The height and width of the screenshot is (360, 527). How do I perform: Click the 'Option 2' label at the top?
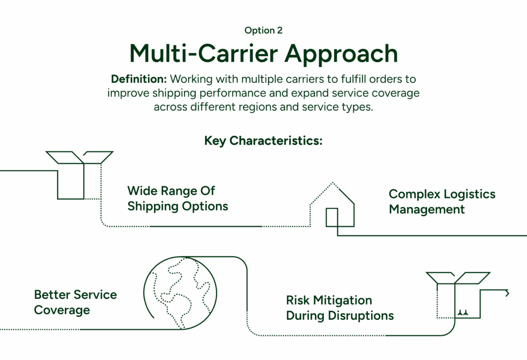263,30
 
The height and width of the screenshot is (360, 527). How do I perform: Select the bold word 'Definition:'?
139,80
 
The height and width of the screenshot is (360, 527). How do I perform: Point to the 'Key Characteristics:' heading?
263,141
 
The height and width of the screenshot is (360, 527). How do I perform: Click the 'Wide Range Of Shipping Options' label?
178,199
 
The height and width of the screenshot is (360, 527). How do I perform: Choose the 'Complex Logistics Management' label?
442,202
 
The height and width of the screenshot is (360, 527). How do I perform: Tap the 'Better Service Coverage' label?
75,302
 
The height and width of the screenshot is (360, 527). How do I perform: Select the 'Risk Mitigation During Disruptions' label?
340,308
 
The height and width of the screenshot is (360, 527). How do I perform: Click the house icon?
332,206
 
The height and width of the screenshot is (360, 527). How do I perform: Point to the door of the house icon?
332,217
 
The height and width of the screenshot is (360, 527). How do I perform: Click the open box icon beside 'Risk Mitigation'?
458,296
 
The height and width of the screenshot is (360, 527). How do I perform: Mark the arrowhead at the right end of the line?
508,293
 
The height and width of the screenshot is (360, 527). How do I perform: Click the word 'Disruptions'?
364,315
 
